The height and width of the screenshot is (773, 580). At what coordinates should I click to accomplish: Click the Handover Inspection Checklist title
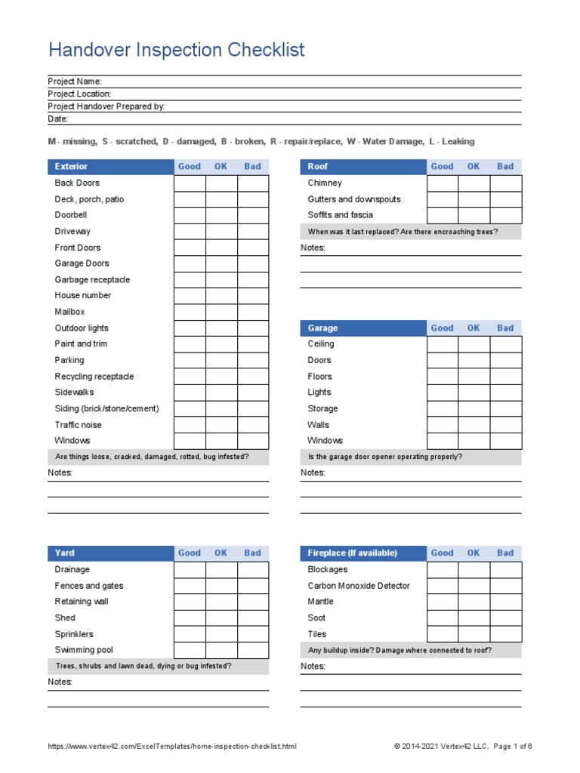point(176,50)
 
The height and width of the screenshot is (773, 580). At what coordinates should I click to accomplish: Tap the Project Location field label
point(79,94)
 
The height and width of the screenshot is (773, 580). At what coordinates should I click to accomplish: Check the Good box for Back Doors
point(190,183)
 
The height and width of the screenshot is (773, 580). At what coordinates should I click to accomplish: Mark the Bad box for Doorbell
point(253,215)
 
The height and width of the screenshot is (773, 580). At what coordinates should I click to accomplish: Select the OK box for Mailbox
point(221,312)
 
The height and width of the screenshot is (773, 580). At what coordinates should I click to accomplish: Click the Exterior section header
point(71,167)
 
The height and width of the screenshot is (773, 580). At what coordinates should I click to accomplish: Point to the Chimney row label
point(325,183)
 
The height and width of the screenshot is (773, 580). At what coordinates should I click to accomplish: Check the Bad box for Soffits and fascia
point(505,215)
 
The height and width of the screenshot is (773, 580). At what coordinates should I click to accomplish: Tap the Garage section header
point(322,328)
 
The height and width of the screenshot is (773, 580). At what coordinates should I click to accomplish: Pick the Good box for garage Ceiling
point(443,344)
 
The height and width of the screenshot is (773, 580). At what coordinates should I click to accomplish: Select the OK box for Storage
point(474,408)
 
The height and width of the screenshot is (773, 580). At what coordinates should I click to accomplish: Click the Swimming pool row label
point(84,650)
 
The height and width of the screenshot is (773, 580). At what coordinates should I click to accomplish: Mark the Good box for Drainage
point(190,570)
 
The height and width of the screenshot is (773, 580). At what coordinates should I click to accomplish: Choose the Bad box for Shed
point(253,618)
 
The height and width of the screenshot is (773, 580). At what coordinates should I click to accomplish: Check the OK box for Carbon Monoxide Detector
point(474,586)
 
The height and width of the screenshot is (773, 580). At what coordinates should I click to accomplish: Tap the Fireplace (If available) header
point(352,553)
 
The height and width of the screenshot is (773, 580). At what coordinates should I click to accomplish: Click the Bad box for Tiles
point(505,634)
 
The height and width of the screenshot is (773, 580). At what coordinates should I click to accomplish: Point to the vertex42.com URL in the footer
point(172,747)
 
